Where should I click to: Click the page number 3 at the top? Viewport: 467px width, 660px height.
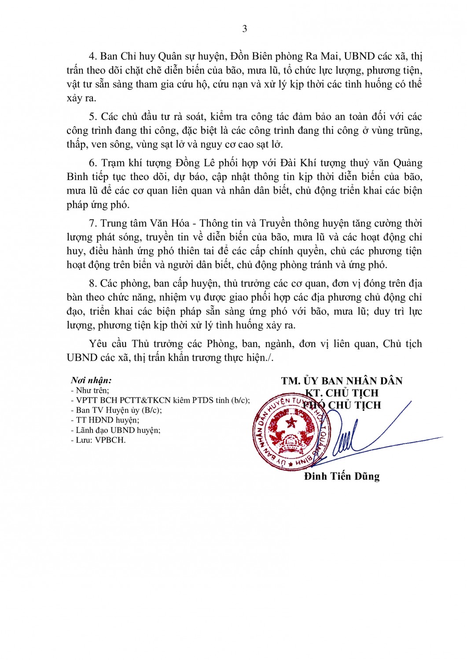point(244,29)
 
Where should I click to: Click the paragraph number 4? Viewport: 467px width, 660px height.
point(92,56)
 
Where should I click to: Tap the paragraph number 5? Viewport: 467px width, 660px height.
point(92,117)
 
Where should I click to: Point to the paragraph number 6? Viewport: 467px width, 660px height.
point(92,163)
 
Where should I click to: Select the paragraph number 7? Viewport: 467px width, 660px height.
point(92,224)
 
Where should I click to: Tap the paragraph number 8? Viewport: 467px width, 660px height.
point(92,284)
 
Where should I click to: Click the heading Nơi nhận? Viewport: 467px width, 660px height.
point(91,381)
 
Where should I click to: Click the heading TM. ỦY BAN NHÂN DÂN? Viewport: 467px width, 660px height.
point(342,381)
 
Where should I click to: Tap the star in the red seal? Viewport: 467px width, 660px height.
point(291,423)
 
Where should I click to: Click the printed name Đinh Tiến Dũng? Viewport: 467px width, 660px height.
point(342,477)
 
